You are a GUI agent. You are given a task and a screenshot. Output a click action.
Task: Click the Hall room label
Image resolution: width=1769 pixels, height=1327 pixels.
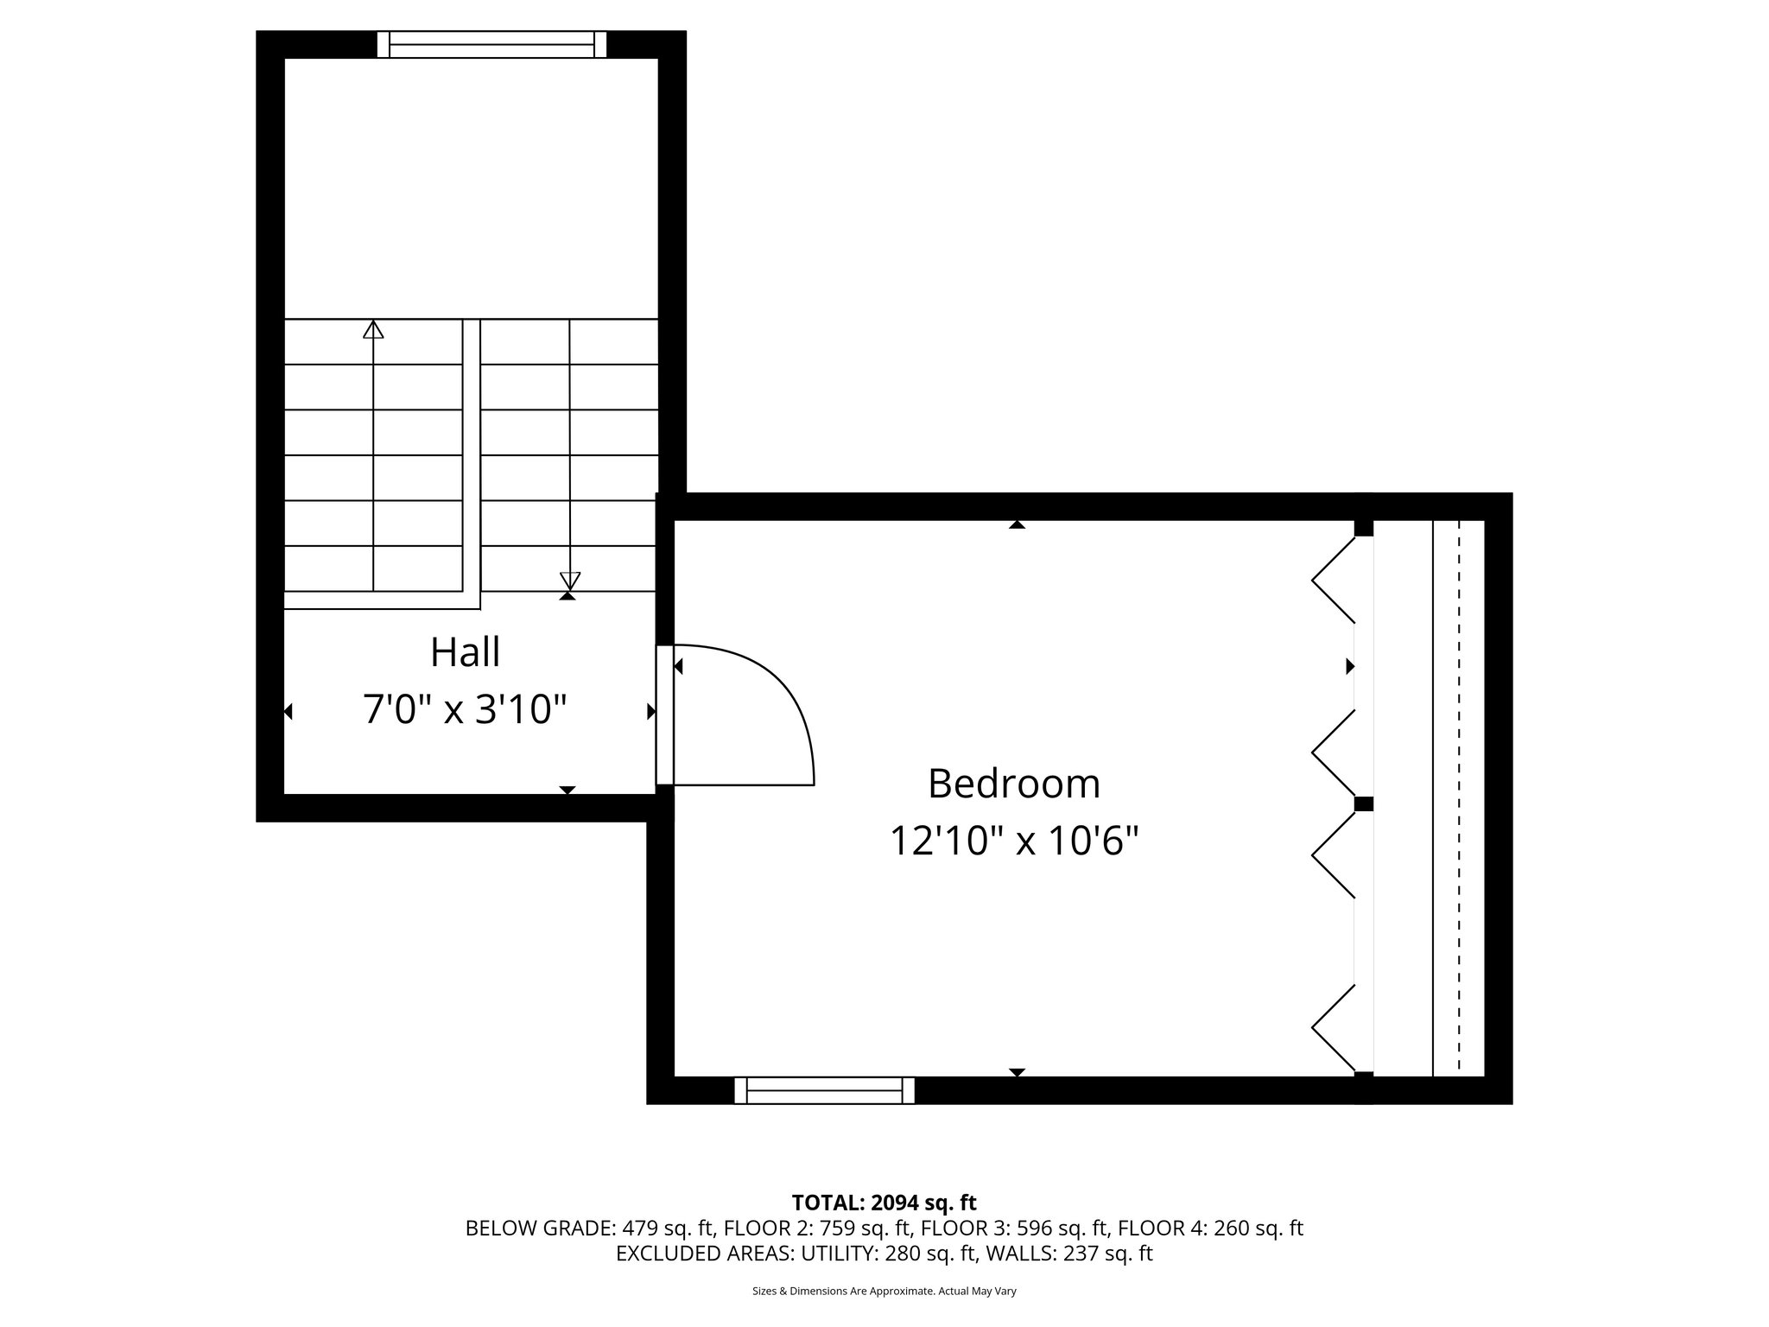click(x=465, y=652)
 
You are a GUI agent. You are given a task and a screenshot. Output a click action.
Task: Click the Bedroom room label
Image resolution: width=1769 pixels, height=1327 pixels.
click(x=1014, y=784)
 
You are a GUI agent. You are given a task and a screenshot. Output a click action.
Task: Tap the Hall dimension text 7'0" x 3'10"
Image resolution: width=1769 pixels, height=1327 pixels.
click(x=465, y=710)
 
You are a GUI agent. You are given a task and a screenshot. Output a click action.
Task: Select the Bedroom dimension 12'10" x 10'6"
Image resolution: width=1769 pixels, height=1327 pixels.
click(x=1014, y=841)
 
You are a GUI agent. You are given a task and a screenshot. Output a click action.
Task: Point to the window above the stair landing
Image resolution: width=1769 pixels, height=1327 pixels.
click(x=491, y=44)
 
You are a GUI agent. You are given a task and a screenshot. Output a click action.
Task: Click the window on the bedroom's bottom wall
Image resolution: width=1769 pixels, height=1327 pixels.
click(x=824, y=1090)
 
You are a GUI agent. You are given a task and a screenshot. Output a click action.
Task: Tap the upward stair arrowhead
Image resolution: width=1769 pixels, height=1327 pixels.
click(x=373, y=329)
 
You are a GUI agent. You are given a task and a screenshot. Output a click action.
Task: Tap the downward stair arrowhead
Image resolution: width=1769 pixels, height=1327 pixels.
click(x=569, y=581)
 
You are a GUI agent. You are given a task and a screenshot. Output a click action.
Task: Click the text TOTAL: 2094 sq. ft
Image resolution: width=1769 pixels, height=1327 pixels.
click(x=884, y=1203)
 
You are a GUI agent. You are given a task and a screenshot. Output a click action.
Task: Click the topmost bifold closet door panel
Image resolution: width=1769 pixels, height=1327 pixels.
click(x=1333, y=580)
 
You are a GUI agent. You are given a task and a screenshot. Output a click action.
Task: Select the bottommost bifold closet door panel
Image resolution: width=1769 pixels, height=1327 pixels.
click(x=1333, y=1027)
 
